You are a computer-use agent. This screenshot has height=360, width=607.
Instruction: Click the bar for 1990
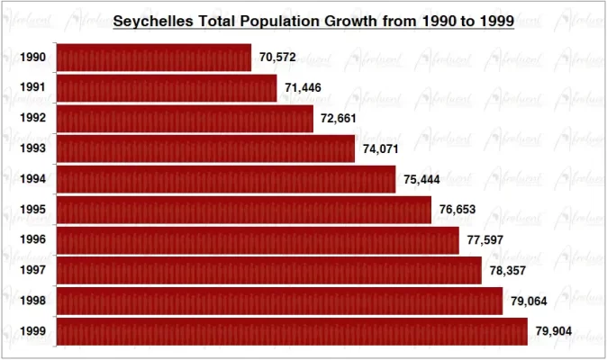coord(154,58)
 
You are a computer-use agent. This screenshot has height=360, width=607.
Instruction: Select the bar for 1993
coord(206,148)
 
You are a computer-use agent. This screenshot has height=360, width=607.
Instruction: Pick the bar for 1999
coord(292,330)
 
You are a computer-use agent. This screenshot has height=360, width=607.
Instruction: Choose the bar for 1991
coord(167,88)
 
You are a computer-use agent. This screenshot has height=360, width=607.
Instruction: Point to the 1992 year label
coord(33,119)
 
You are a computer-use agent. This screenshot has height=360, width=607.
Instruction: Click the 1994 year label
coord(33,179)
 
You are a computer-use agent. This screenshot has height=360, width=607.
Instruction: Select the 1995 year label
coord(33,210)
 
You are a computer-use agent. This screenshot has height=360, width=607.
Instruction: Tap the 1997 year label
coord(33,270)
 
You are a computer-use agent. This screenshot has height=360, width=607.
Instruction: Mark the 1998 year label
coord(33,301)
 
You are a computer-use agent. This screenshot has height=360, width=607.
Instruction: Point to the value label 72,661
coord(339,119)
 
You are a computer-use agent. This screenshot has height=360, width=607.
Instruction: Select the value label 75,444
coord(421,179)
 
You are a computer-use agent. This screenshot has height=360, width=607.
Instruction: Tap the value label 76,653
coord(457,210)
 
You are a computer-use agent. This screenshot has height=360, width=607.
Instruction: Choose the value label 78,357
coord(508,270)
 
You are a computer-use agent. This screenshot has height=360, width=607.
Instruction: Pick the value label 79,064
coord(529,301)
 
